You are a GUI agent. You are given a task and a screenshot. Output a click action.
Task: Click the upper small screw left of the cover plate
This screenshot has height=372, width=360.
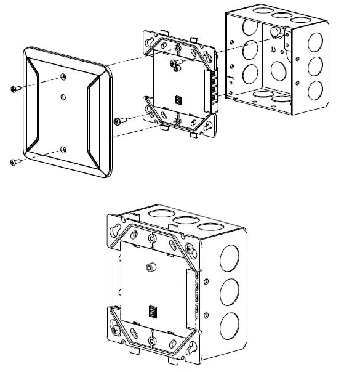pyautogui.click(x=15, y=89)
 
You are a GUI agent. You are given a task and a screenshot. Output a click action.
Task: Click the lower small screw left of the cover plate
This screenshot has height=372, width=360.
pyautogui.click(x=15, y=162)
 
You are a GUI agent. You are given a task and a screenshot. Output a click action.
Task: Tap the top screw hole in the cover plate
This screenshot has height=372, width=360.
pyautogui.click(x=65, y=76)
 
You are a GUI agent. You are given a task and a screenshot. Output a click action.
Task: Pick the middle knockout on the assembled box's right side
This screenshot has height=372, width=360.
pyautogui.click(x=230, y=289)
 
